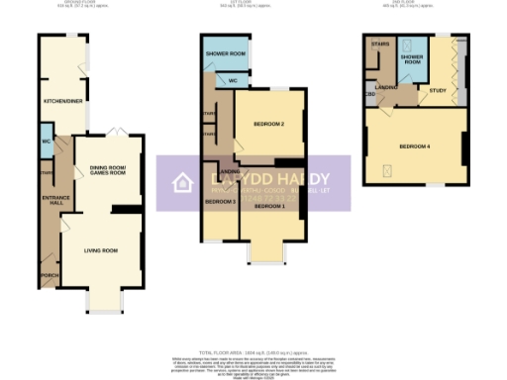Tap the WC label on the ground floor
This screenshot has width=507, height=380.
[47, 141]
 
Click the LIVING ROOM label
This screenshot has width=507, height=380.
[100, 250]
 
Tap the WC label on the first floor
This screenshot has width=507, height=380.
[232, 80]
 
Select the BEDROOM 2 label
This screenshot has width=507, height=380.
[268, 124]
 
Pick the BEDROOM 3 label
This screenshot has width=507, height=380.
[220, 203]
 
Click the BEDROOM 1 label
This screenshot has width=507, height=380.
[270, 206]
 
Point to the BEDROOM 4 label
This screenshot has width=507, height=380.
[415, 146]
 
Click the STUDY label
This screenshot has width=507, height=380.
[437, 90]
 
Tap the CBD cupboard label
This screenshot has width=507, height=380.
[369, 95]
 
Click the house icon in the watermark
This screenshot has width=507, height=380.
[181, 182]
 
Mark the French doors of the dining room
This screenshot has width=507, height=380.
[117, 132]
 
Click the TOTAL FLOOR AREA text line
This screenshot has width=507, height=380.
[253, 353]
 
